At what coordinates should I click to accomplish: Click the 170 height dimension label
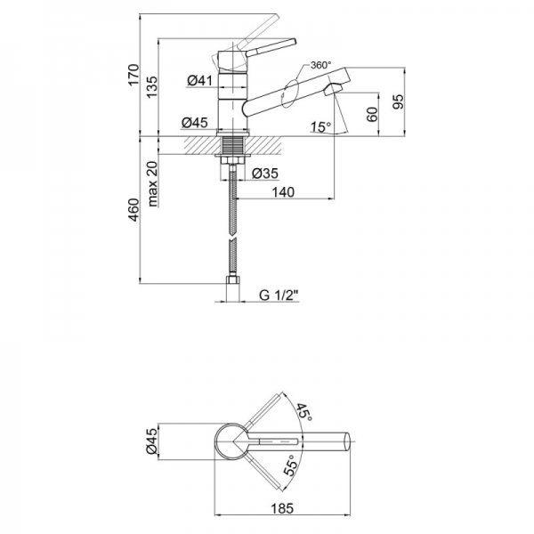point(134,74)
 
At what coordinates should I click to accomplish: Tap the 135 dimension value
point(152,86)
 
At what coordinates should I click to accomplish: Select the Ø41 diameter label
point(199,80)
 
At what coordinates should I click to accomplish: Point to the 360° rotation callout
point(320,65)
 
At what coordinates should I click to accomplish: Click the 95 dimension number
point(398,101)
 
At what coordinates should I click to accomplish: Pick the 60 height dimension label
point(372,114)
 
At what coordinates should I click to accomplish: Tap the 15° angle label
point(320,126)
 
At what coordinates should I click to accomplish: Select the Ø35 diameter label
point(265,174)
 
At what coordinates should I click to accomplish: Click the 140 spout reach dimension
point(283,192)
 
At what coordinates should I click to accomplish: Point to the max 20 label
point(153,183)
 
